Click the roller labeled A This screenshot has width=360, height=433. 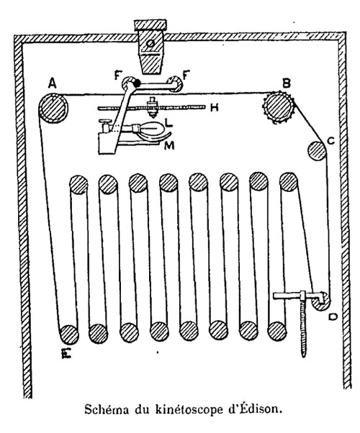pos(53,108)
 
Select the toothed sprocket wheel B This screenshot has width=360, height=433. pos(279,108)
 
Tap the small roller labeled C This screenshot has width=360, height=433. pos(317,150)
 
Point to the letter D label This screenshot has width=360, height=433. pos(333,316)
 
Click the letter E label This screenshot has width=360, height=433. pos(67,352)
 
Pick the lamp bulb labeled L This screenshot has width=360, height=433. pos(150,129)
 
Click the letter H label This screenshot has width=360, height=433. pos(215,107)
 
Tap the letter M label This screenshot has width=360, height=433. pos(169,145)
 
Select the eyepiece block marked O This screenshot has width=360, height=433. pos(150,47)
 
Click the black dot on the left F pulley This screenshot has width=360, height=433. pos(137,83)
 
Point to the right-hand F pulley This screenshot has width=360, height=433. pos(175,83)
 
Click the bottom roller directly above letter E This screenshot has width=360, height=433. pos(69,334)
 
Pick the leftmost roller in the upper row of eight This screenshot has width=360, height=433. pos(78,184)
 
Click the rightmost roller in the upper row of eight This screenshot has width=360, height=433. pos(289,182)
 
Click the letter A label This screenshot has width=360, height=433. pos(53,83)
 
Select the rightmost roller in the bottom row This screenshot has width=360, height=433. pos(277,331)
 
